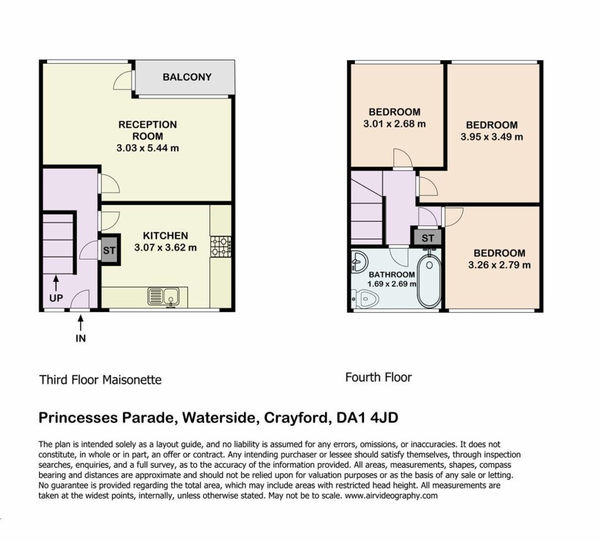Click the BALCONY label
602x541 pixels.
[187, 77]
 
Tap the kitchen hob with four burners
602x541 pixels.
[221, 247]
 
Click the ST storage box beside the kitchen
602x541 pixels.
[109, 250]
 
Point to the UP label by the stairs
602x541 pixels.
[56, 298]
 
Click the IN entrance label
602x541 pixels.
[81, 338]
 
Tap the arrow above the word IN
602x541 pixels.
[81, 323]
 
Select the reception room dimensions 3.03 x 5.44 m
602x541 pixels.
[148, 148]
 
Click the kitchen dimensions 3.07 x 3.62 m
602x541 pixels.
[165, 248]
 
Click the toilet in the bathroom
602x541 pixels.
[364, 299]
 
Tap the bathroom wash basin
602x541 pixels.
[359, 262]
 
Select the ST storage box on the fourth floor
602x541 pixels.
[428, 238]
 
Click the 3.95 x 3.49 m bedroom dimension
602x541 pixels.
[492, 137]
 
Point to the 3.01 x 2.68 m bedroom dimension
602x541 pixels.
[394, 124]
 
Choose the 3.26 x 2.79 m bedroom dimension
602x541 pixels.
[500, 265]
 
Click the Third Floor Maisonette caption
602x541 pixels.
[100, 380]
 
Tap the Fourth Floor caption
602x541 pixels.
[379, 377]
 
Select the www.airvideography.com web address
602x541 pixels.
[391, 496]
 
